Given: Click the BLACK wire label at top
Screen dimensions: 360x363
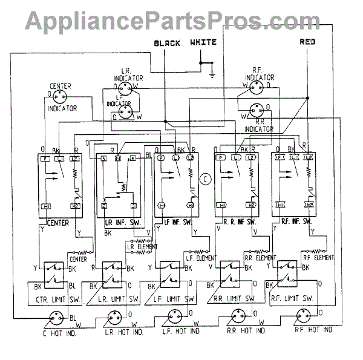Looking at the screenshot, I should pyautogui.click(x=168, y=44).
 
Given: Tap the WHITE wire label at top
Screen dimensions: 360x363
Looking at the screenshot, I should pyautogui.click(x=203, y=43).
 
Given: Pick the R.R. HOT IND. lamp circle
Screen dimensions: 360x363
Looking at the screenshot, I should pyautogui.click(x=238, y=316).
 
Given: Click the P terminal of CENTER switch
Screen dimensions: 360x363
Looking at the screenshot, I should pyautogui.click(x=45, y=158).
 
